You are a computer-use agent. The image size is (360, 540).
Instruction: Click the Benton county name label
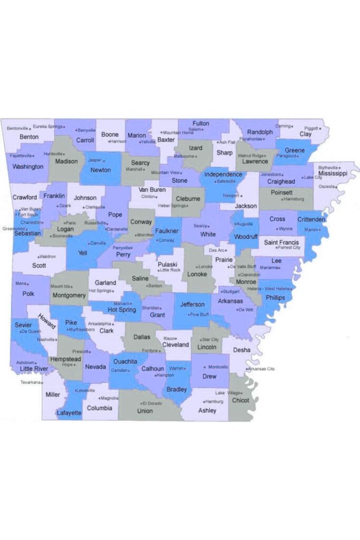point(29,137)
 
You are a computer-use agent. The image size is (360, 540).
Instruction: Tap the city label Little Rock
point(170,270)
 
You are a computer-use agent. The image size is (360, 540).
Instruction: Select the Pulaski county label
point(167,264)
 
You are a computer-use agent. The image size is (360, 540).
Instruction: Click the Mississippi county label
point(333,173)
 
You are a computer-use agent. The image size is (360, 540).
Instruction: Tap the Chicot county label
point(240,400)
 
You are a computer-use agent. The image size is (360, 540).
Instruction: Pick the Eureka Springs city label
point(47,127)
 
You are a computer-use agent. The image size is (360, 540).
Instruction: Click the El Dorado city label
point(152,403)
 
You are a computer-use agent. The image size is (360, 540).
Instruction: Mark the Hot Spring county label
point(122,310)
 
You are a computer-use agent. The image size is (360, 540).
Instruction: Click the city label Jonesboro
point(271,174)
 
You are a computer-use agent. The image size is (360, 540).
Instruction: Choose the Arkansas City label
point(261,369)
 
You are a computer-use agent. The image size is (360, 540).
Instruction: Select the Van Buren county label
point(152,190)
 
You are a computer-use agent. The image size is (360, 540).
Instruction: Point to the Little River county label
point(34,369)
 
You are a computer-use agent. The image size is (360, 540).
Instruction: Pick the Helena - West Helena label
point(270,288)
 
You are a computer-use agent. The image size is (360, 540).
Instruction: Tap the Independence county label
point(223,174)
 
